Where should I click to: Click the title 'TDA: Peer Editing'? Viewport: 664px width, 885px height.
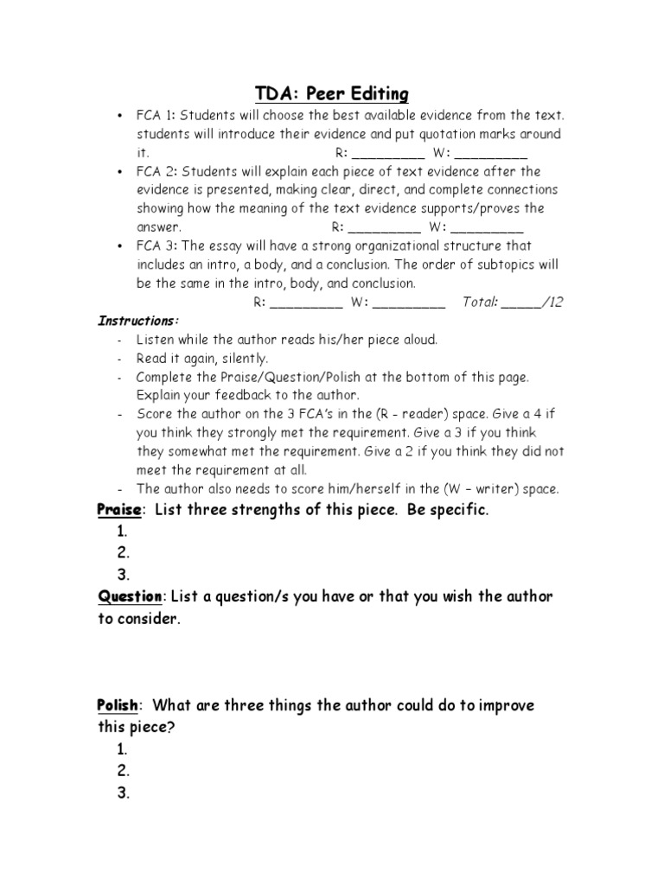coord(331,93)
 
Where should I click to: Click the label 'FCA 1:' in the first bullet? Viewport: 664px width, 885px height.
coord(156,116)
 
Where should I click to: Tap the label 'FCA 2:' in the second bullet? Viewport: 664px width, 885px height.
coord(156,171)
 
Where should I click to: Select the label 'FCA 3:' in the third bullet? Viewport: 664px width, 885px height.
coord(156,246)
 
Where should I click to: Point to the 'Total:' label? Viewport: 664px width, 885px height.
coord(480,302)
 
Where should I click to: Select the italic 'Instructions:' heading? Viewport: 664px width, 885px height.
coord(132,321)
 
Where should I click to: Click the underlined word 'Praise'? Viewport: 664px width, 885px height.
coord(117,511)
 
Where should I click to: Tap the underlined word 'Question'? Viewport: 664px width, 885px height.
coord(129,597)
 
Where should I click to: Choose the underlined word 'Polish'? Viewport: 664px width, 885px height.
coord(117,706)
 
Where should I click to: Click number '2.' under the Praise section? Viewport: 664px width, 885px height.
coord(124,554)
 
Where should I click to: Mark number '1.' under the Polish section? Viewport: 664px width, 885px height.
coord(124,749)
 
